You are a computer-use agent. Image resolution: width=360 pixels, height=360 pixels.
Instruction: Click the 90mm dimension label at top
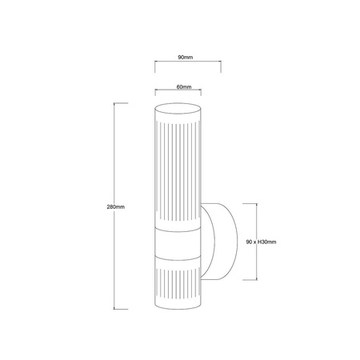[186, 57]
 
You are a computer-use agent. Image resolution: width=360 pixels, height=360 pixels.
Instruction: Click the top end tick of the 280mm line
[124, 103]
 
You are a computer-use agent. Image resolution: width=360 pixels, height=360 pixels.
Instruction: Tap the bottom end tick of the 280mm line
[124, 310]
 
